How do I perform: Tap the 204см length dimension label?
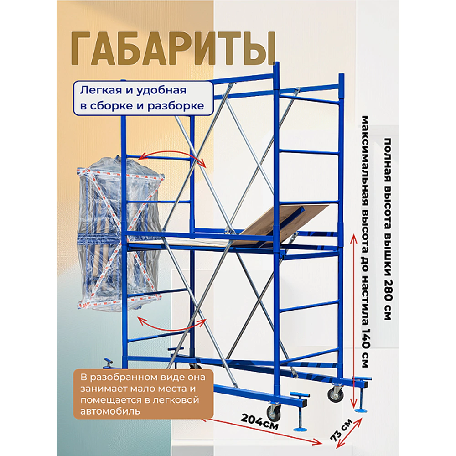[258, 420]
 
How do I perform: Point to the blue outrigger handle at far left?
[108, 363]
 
